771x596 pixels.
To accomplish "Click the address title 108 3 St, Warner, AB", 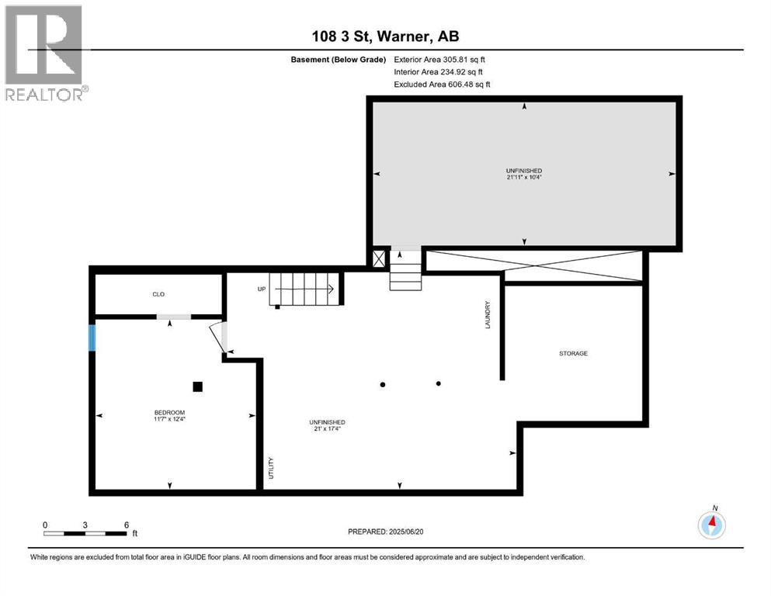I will tap(385, 36).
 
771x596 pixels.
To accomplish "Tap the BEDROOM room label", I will tap(168, 412).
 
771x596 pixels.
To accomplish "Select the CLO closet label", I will tap(158, 294).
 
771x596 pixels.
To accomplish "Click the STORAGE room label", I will tap(573, 353).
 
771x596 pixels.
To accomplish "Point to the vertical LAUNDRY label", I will tap(488, 314).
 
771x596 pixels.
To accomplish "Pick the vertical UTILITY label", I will tap(271, 467).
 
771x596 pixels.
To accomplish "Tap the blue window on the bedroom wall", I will tap(92, 338).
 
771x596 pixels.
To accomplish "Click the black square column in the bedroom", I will tap(198, 386).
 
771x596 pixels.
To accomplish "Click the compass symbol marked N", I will tap(711, 525).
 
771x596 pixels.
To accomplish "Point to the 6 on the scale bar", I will tap(126, 524).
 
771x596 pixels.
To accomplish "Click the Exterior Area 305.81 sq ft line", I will tap(439, 59).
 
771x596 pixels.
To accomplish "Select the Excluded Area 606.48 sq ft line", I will tap(442, 84).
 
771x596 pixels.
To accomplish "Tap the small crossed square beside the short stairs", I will tap(378, 259).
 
